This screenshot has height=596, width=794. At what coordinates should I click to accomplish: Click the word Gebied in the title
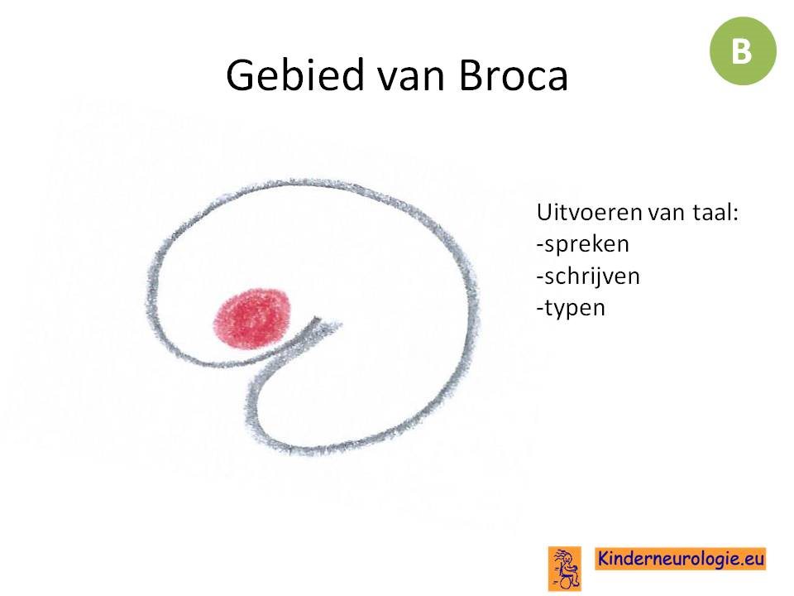(295, 75)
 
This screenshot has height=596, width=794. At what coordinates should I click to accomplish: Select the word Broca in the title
(514, 76)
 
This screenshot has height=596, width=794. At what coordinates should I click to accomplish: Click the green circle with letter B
(743, 50)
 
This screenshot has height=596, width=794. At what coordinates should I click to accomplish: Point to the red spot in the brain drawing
(252, 319)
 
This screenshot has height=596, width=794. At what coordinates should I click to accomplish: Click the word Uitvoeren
(589, 213)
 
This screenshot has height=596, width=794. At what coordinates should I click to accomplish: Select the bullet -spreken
(583, 245)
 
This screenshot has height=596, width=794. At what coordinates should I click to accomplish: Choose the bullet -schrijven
(588, 276)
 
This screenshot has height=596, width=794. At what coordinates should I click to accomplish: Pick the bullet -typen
(571, 308)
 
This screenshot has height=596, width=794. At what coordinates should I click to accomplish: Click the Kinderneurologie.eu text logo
(681, 559)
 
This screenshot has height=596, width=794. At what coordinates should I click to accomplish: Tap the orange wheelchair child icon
(565, 568)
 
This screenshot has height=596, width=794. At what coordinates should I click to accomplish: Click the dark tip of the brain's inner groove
(317, 320)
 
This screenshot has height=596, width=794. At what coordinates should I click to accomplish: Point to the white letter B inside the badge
(742, 51)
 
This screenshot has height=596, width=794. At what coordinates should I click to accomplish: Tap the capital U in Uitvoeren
(544, 213)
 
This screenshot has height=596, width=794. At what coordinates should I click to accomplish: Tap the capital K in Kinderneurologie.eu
(604, 558)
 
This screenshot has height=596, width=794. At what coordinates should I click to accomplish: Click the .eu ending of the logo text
(753, 560)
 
